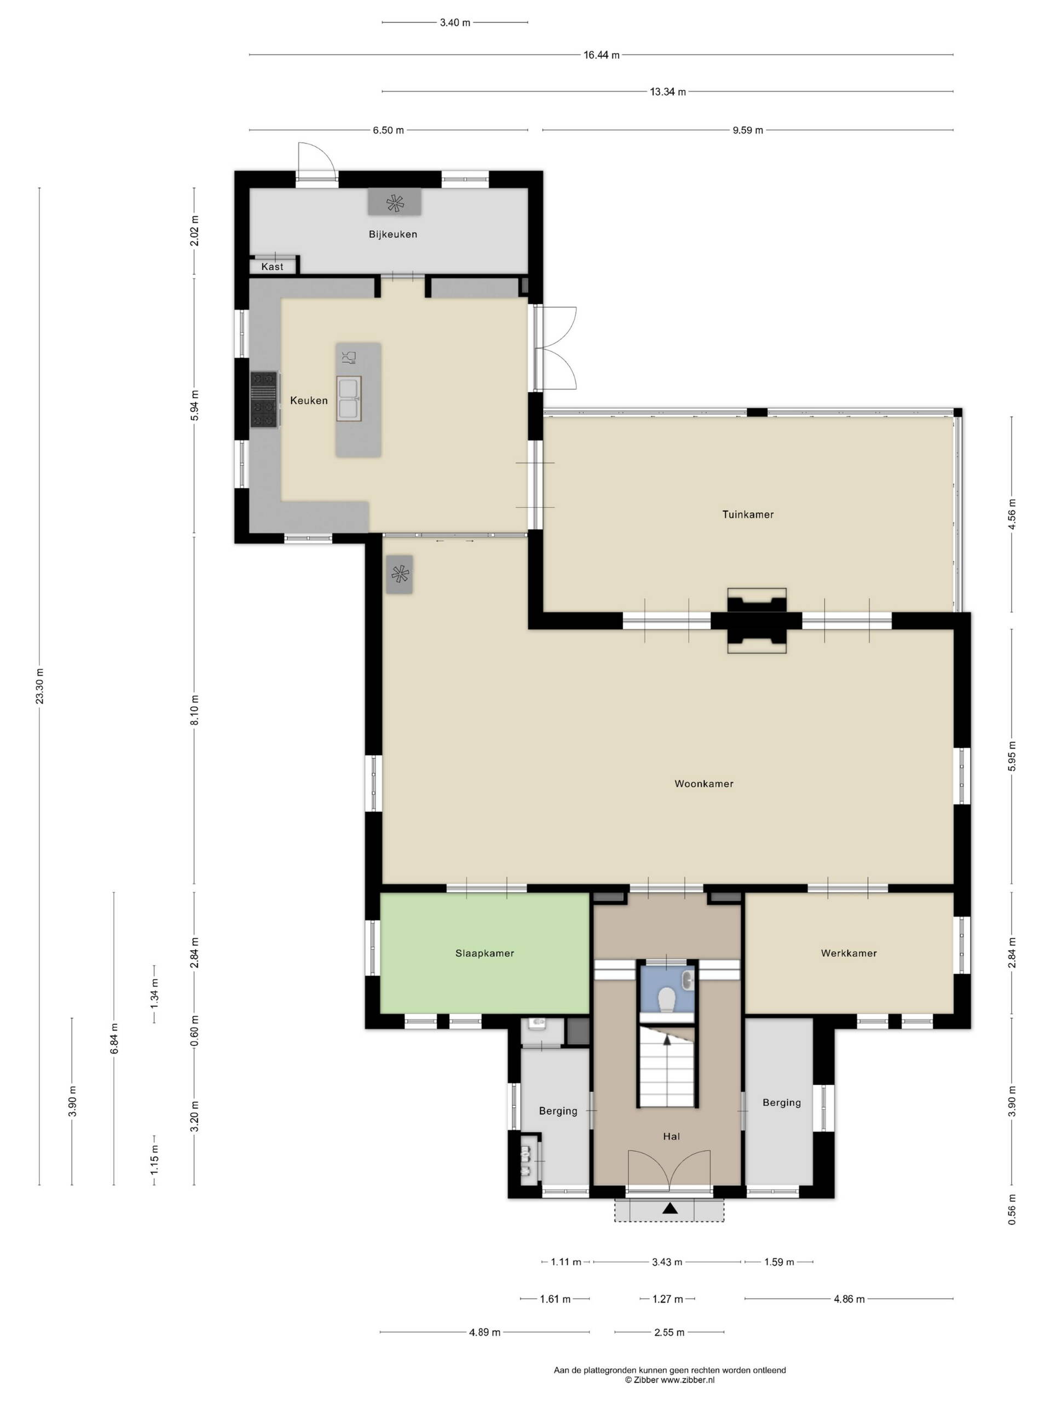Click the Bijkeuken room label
(x=393, y=234)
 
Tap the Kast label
(x=273, y=267)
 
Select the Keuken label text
(x=309, y=400)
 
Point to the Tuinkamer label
(x=748, y=514)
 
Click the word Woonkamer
(x=704, y=784)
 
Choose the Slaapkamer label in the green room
(x=484, y=953)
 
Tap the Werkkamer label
(x=849, y=953)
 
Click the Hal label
(x=672, y=1136)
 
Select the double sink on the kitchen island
(x=349, y=398)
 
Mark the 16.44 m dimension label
(x=601, y=55)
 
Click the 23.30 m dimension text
(x=40, y=686)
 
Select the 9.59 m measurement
(x=748, y=130)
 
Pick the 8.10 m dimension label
(x=194, y=710)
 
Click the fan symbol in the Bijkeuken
(x=395, y=202)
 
